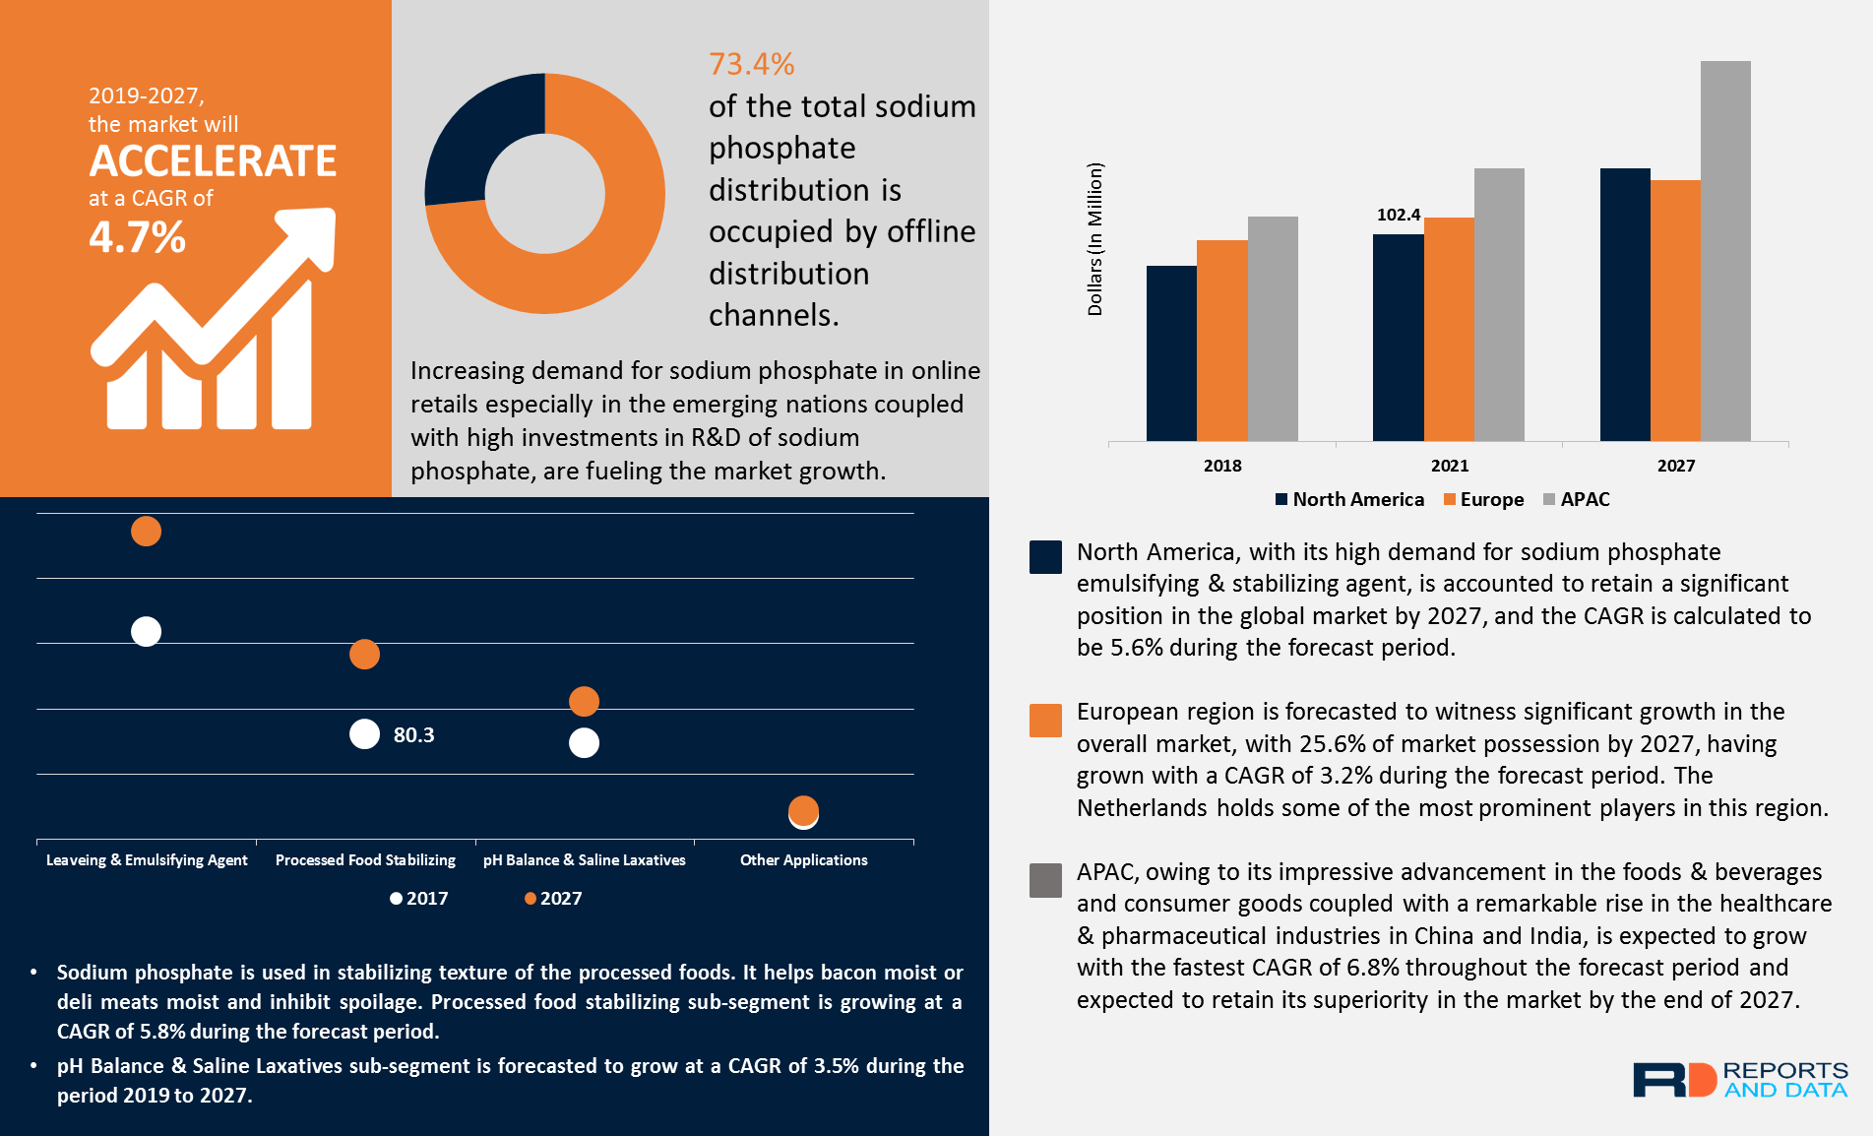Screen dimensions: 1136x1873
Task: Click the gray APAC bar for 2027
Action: pos(1724,251)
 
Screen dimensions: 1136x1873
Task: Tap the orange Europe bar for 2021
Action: pos(1449,329)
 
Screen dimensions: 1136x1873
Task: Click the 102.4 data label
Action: pos(1398,215)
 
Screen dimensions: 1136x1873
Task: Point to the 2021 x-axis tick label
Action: pos(1449,466)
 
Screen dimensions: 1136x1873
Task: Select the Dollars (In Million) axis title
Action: pos(1094,239)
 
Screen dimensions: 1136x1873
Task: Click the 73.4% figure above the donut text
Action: pos(751,64)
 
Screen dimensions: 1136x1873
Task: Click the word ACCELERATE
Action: pos(213,161)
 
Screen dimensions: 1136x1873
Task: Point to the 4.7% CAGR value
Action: pos(137,237)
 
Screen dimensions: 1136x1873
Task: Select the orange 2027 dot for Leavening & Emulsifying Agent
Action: pos(146,532)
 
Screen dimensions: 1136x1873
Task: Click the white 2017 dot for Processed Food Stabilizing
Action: pos(364,734)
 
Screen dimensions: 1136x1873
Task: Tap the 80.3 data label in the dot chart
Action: pos(413,735)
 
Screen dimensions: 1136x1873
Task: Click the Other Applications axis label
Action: pos(803,860)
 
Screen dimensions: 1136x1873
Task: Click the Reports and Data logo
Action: pos(1739,1079)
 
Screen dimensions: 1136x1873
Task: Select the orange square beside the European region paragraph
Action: pos(1045,721)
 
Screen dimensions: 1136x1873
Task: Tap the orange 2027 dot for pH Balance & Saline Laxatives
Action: pos(584,701)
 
